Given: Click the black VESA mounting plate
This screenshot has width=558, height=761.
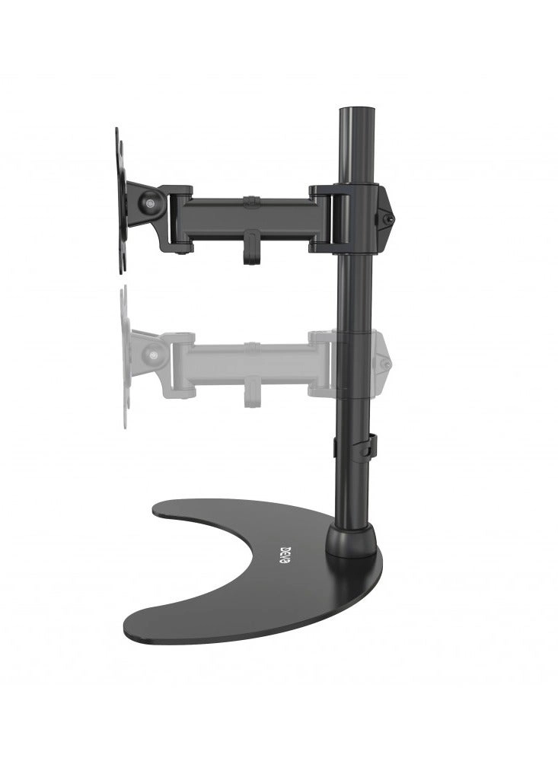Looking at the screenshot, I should [120, 200].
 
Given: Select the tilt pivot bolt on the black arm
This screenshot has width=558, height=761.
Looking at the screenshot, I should [149, 202].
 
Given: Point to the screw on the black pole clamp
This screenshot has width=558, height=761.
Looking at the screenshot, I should [388, 219].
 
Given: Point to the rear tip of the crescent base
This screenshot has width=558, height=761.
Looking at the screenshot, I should [164, 511].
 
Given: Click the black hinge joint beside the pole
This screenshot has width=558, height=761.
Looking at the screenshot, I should [327, 219].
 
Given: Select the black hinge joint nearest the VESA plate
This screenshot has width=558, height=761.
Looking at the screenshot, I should [179, 218].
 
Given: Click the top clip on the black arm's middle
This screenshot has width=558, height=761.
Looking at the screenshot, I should [250, 202].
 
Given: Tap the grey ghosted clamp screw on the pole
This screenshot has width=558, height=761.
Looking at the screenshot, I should [386, 364].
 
